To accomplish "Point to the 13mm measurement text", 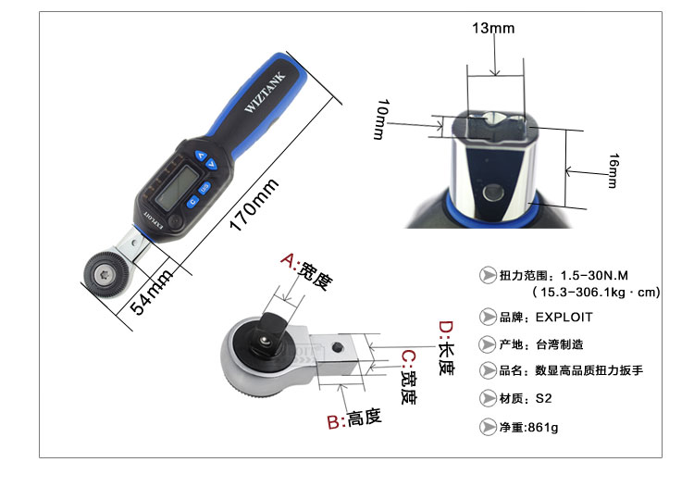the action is point(493,29).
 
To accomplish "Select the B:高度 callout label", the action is point(354,419).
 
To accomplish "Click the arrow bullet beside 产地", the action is point(487,343).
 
